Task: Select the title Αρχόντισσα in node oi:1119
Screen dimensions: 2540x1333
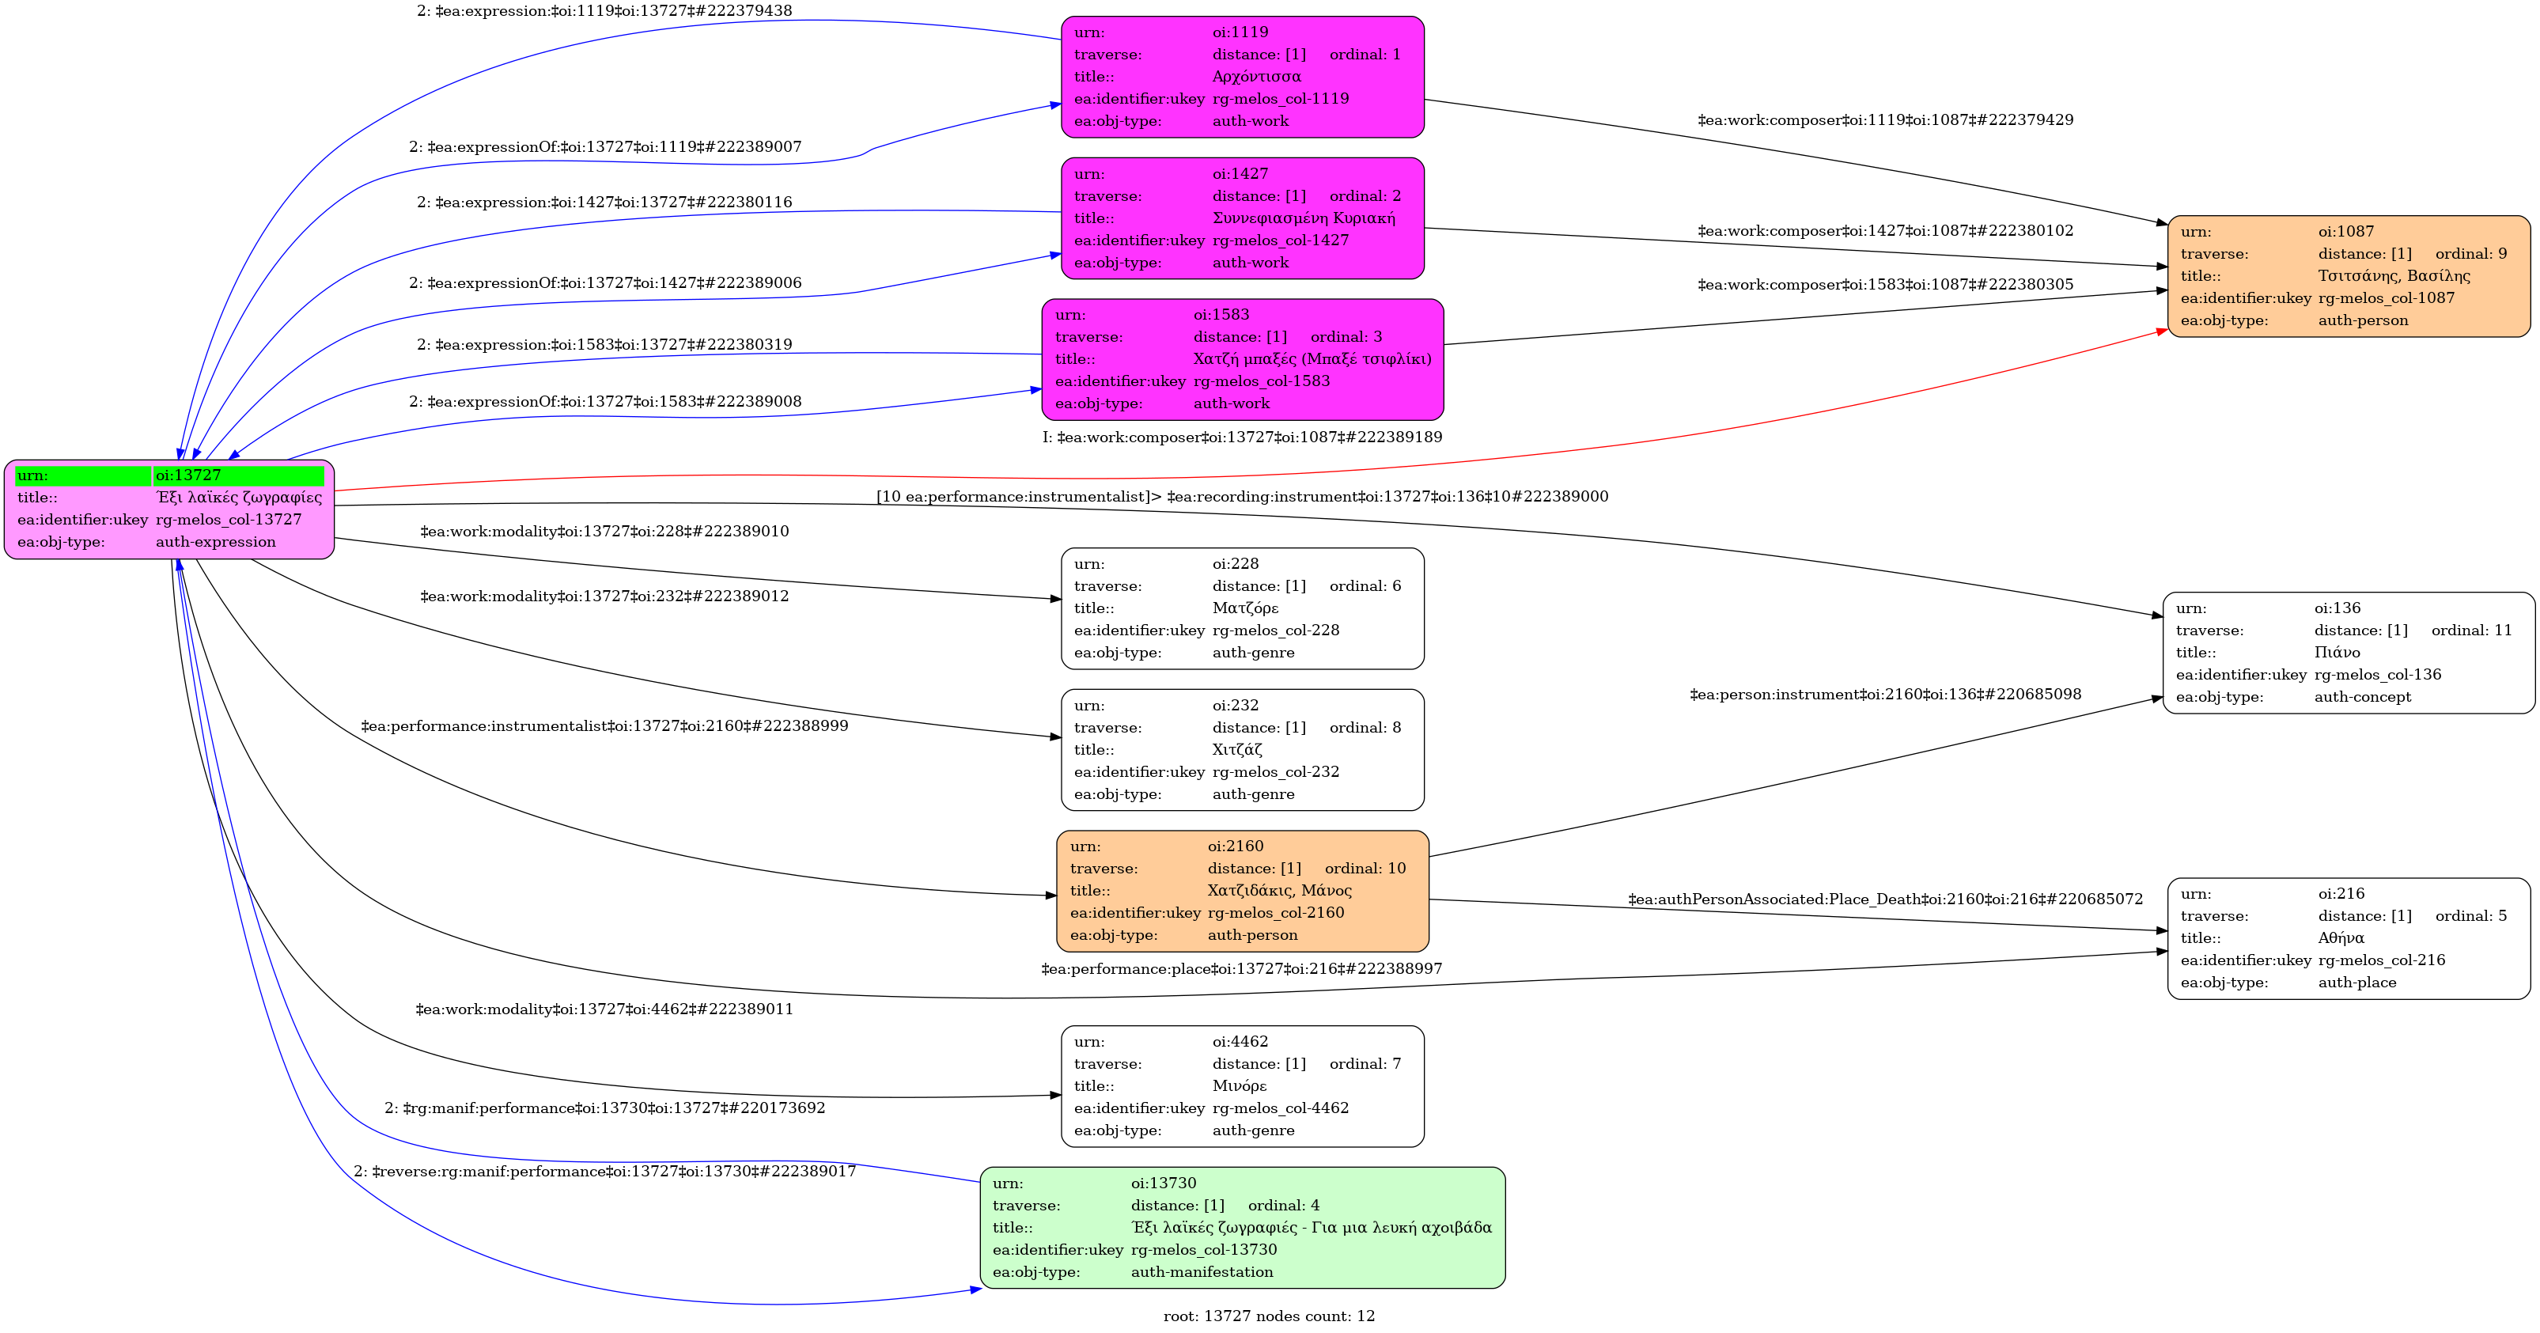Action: pos(1256,77)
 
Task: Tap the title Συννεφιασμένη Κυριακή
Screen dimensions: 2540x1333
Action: pos(1304,218)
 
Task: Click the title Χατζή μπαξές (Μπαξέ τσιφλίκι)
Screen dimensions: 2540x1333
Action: pos(1312,359)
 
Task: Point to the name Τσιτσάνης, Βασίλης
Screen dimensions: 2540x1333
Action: pos(2394,276)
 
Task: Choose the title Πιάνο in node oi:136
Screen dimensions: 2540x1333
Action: pos(2337,653)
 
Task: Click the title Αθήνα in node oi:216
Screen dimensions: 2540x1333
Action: pos(2341,938)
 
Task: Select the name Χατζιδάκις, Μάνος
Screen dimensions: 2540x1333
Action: pos(1280,890)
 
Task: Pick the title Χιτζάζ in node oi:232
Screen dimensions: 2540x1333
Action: pos(1237,750)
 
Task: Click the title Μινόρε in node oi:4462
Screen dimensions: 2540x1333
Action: pos(1240,1086)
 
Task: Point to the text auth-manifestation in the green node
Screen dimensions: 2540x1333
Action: pos(1202,1273)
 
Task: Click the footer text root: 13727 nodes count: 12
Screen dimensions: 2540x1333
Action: pos(1269,1316)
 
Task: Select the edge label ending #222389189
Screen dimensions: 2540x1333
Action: pos(1243,437)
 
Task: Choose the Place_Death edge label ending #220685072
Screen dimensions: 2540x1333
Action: pos(1885,900)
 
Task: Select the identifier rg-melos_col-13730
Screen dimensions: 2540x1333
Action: pos(1203,1250)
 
